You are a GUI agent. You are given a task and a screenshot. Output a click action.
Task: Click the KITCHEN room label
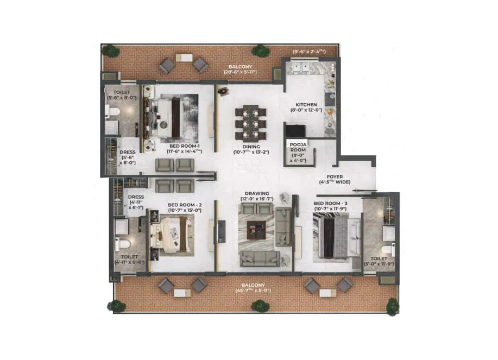click(x=306, y=104)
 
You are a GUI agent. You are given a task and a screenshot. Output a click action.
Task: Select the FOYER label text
click(x=333, y=176)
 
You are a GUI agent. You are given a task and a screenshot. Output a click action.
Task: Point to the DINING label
click(x=251, y=147)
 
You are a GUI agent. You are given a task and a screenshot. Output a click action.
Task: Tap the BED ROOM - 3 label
click(x=331, y=204)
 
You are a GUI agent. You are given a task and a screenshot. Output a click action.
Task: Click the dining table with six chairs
click(x=250, y=124)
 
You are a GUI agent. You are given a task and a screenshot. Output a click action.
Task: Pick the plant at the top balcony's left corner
click(x=111, y=51)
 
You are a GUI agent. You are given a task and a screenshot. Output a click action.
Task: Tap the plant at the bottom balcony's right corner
click(x=392, y=306)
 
